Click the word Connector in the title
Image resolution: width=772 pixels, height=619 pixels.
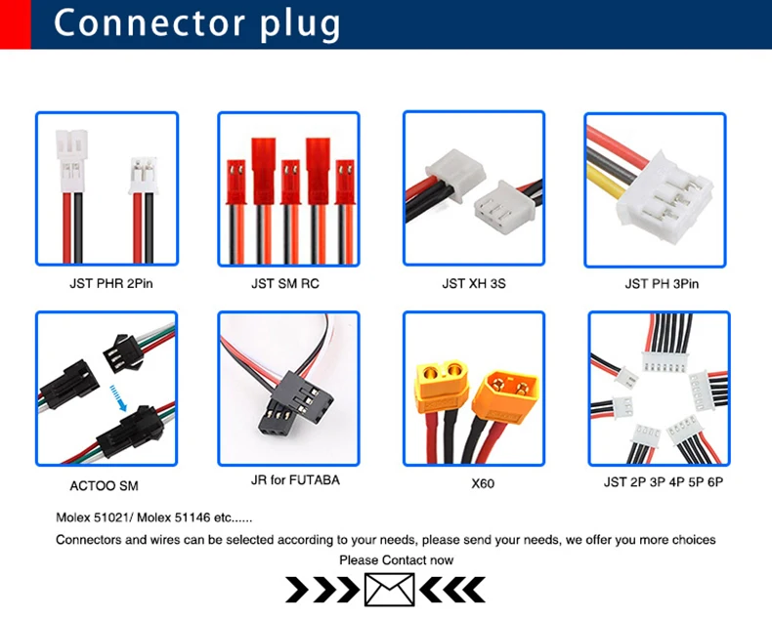137,22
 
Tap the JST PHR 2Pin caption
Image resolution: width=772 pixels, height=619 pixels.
110,284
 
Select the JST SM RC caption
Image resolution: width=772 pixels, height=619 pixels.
285,284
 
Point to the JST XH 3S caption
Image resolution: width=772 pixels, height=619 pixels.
474,284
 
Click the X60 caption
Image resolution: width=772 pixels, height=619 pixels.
474,483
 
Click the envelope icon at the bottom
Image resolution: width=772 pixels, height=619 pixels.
389,589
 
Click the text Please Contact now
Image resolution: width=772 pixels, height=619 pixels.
396,559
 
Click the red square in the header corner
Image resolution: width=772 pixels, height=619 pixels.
15,23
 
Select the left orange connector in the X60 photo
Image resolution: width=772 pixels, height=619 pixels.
443,381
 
